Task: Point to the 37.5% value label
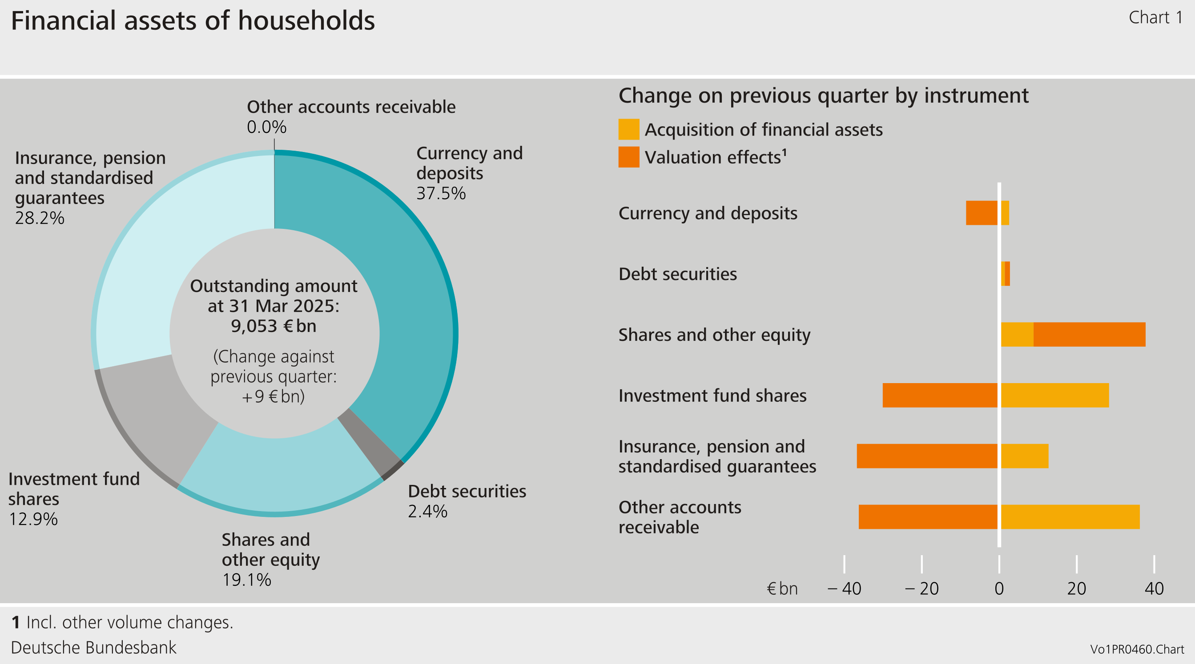(441, 193)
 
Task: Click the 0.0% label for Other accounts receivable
(266, 127)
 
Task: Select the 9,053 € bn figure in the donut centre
(274, 326)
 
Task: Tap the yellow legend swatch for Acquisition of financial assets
(628, 129)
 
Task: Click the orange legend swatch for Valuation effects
(628, 157)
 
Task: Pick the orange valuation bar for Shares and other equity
(1089, 334)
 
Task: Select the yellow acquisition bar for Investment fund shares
(1054, 395)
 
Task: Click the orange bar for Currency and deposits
(981, 213)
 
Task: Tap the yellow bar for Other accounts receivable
(1070, 516)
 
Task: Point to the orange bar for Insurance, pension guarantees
(926, 456)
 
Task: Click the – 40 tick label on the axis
(844, 588)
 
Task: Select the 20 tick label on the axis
(1076, 588)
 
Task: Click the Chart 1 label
(1155, 18)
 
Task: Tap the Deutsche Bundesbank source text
(94, 647)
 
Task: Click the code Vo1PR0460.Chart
(1137, 649)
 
